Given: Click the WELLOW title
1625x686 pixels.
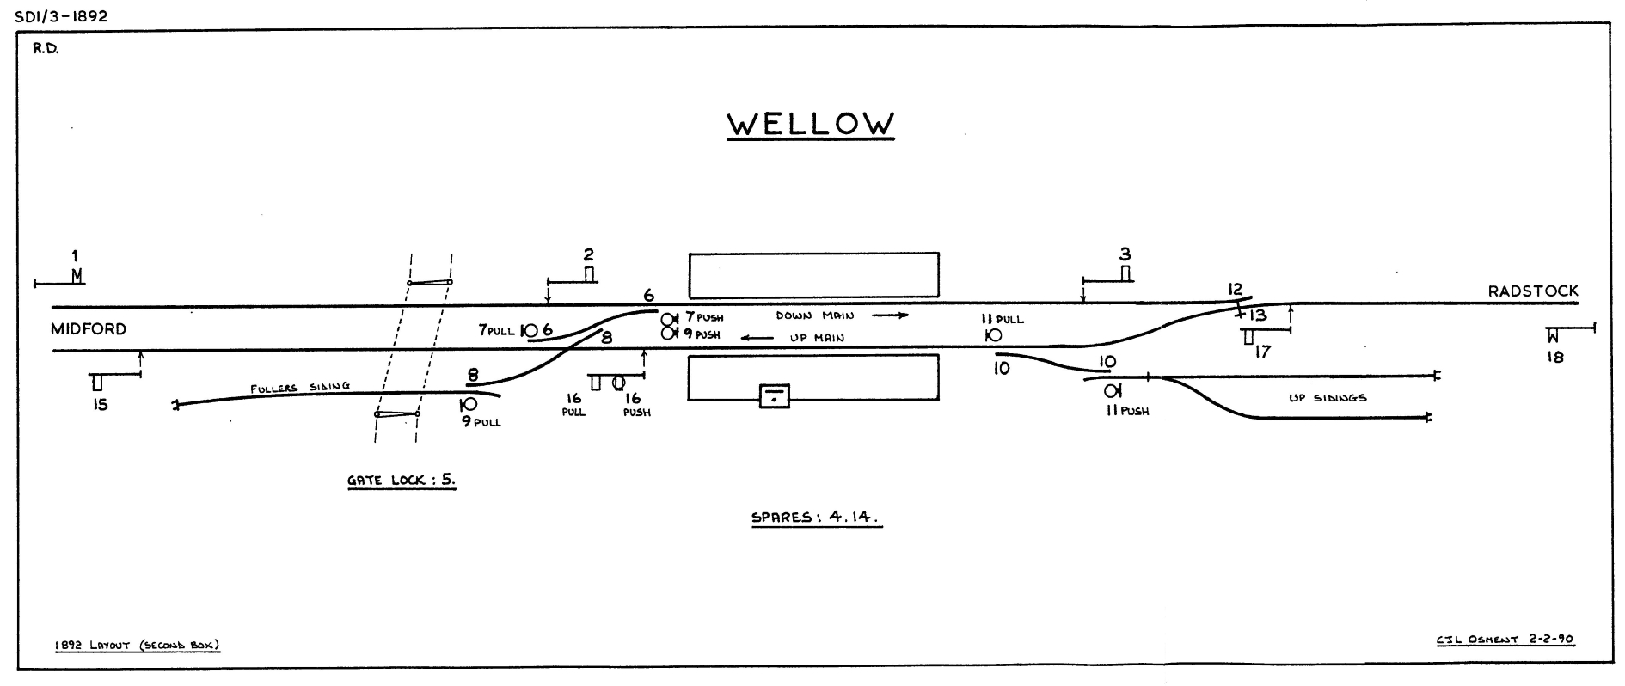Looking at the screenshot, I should tap(811, 124).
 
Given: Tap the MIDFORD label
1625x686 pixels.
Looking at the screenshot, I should tap(89, 329).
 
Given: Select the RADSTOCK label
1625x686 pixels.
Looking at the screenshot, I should tap(1533, 291).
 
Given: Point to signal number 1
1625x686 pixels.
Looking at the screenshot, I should tap(76, 276).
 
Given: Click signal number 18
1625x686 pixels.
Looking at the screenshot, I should tap(1553, 335).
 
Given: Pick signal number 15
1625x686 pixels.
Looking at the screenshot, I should tap(97, 382).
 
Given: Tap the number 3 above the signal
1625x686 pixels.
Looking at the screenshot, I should tap(1125, 254).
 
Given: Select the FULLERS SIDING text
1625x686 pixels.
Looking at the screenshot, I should tap(300, 388).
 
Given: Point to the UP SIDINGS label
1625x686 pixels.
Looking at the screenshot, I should tap(1328, 398).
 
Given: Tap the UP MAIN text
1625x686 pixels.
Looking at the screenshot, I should tap(817, 338).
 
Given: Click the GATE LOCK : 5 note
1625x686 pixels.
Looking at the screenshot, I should tap(401, 481).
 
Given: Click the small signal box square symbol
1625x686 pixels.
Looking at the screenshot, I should tap(775, 395).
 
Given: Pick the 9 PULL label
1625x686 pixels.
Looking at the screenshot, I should tap(481, 422).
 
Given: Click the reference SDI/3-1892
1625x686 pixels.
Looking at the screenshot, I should tap(61, 16).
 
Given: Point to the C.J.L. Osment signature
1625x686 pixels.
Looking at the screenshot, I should tap(1504, 640).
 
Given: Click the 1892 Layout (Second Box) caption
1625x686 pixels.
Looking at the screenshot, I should tap(137, 645).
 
